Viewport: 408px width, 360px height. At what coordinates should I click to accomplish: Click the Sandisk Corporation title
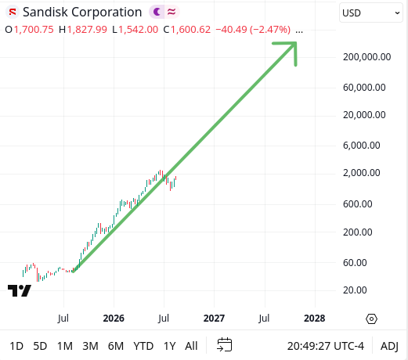[x=82, y=12]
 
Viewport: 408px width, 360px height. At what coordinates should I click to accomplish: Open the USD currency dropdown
[x=370, y=13]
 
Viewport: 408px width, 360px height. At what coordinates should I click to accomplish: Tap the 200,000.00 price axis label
[x=366, y=57]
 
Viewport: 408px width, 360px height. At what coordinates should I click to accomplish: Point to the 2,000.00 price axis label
[x=362, y=173]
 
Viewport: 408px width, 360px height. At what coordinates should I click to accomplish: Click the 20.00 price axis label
[x=355, y=290]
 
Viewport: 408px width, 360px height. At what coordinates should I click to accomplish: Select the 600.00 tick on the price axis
[x=358, y=204]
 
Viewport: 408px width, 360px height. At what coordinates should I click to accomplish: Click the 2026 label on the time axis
[x=114, y=319]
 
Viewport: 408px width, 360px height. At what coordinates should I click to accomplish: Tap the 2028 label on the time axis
[x=315, y=319]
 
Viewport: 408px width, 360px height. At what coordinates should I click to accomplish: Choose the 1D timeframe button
[x=16, y=346]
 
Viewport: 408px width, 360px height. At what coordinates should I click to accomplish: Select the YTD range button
[x=143, y=346]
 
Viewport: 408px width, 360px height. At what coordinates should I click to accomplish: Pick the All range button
[x=191, y=346]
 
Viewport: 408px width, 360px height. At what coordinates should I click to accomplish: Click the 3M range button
[x=90, y=346]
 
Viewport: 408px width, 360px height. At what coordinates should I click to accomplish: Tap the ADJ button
[x=389, y=346]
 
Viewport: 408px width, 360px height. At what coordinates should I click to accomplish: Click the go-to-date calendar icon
[x=225, y=345]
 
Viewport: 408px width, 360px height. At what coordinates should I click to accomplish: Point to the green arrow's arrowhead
[x=296, y=43]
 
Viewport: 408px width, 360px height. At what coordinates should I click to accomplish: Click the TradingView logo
[x=20, y=290]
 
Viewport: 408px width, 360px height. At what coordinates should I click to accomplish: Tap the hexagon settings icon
[x=371, y=319]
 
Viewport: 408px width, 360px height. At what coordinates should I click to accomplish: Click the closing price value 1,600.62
[x=190, y=30]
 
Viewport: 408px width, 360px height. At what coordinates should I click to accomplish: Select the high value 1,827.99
[x=87, y=30]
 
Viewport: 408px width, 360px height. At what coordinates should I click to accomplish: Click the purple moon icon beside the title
[x=157, y=12]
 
